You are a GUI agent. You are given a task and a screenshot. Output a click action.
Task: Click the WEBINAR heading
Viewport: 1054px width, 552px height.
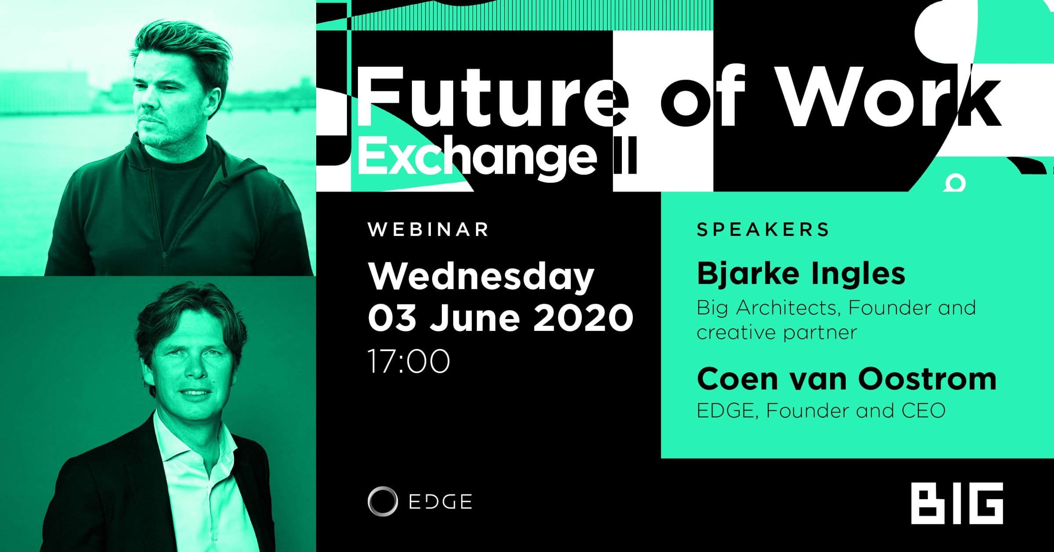pyautogui.click(x=429, y=229)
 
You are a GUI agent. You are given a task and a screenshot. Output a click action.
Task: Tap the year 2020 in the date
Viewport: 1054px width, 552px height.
pyautogui.click(x=583, y=317)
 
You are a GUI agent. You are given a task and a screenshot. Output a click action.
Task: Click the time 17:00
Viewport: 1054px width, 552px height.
pyautogui.click(x=408, y=361)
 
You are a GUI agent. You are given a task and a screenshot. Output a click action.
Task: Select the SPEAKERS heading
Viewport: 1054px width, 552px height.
pyautogui.click(x=763, y=229)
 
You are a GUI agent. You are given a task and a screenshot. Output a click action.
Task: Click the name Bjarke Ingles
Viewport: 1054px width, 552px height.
pyautogui.click(x=801, y=274)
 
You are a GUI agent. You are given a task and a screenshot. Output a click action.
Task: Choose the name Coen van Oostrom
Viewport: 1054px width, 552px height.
pyautogui.click(x=847, y=379)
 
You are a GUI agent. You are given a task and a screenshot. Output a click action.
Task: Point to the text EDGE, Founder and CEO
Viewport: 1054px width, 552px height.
pyautogui.click(x=821, y=410)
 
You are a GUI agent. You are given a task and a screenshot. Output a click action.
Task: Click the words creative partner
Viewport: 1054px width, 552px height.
pyautogui.click(x=776, y=332)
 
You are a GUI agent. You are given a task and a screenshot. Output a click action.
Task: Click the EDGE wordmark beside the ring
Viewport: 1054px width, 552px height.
pyautogui.click(x=440, y=501)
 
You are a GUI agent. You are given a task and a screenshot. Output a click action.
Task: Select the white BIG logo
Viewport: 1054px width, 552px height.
pyautogui.click(x=957, y=503)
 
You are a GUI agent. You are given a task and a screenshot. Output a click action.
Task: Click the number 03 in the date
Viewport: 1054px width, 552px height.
pyautogui.click(x=392, y=317)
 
